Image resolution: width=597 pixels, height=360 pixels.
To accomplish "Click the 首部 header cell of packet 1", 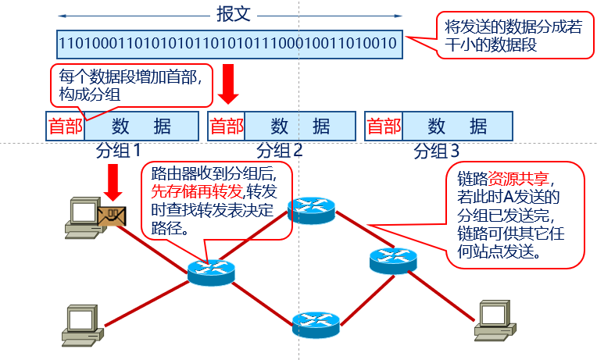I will point(65,126).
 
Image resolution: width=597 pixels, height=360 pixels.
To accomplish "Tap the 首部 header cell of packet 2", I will point(227,126).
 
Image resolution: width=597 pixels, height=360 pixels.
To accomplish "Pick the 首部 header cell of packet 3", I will point(384,126).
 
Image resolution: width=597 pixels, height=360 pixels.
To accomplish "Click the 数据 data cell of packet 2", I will point(300,126).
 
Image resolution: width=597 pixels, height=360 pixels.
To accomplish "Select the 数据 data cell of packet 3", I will point(457,126).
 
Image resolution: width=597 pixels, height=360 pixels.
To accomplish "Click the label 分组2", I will point(279,150).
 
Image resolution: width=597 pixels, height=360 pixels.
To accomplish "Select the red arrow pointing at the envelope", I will point(113,185).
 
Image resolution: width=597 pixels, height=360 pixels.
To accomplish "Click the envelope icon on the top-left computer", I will point(110,216).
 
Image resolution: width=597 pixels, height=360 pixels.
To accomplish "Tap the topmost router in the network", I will point(311,209).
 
